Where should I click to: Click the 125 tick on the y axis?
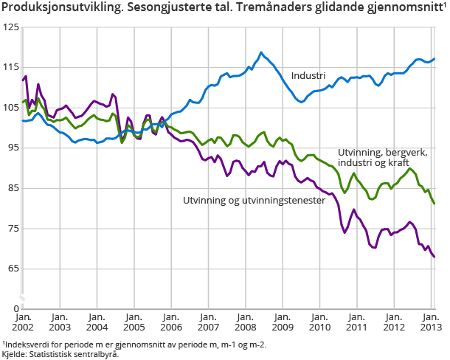(10, 27)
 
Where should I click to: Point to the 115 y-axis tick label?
(10, 67)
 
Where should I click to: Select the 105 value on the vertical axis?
(10, 108)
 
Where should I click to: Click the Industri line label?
(308, 76)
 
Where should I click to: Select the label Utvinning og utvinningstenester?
(255, 200)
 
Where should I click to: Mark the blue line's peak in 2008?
(261, 52)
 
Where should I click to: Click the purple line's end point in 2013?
(435, 257)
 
